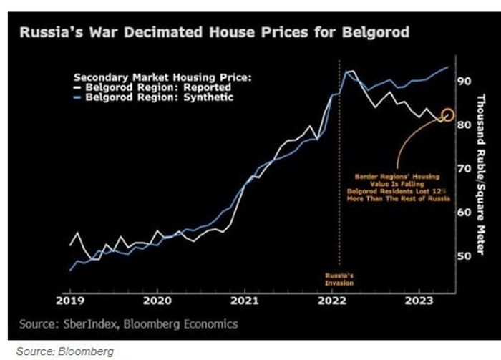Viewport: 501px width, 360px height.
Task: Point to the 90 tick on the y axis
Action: pyautogui.click(x=464, y=81)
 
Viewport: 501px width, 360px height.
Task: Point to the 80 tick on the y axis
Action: pyautogui.click(x=464, y=125)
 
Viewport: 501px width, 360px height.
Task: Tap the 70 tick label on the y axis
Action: pyautogui.click(x=464, y=168)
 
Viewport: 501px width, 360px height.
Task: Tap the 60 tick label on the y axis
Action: pyautogui.click(x=464, y=212)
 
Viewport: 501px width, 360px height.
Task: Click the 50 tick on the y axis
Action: pyautogui.click(x=464, y=256)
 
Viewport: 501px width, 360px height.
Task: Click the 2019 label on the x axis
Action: pyautogui.click(x=71, y=301)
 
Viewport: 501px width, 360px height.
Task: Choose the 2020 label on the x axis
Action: pyautogui.click(x=157, y=301)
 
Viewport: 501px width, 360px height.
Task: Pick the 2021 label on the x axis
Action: pyautogui.click(x=245, y=301)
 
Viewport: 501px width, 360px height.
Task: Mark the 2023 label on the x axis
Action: pyautogui.click(x=419, y=301)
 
